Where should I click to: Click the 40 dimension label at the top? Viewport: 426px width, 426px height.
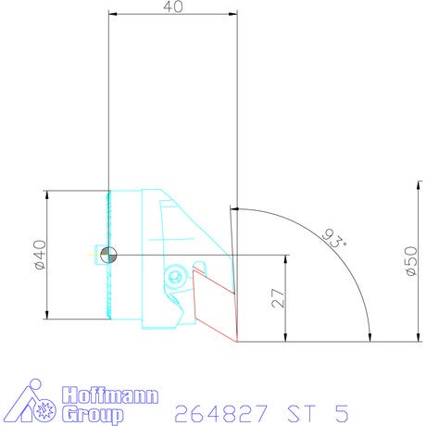click(x=173, y=6)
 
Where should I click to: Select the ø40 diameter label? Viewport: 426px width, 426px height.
click(x=41, y=255)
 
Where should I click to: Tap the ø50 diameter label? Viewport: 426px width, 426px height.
click(x=411, y=261)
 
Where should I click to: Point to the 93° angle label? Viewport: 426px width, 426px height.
click(x=334, y=239)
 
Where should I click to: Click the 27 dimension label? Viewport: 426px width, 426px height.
click(x=278, y=298)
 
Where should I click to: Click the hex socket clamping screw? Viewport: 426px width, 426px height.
click(x=175, y=275)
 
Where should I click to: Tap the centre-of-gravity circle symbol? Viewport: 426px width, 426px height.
click(x=108, y=255)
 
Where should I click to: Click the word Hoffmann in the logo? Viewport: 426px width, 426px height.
click(x=110, y=395)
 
